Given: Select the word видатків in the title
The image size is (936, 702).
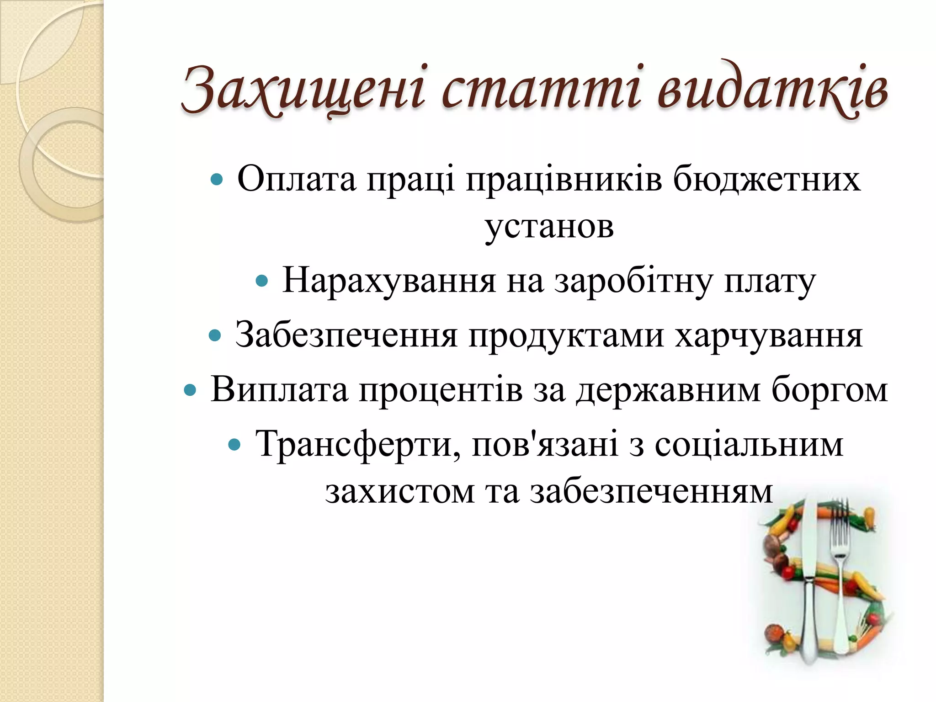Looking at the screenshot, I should coord(772,89).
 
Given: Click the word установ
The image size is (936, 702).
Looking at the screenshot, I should coord(549,226).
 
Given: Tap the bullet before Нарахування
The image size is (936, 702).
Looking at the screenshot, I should coord(261,281).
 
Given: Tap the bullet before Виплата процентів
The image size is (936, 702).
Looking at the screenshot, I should coord(189,390).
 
